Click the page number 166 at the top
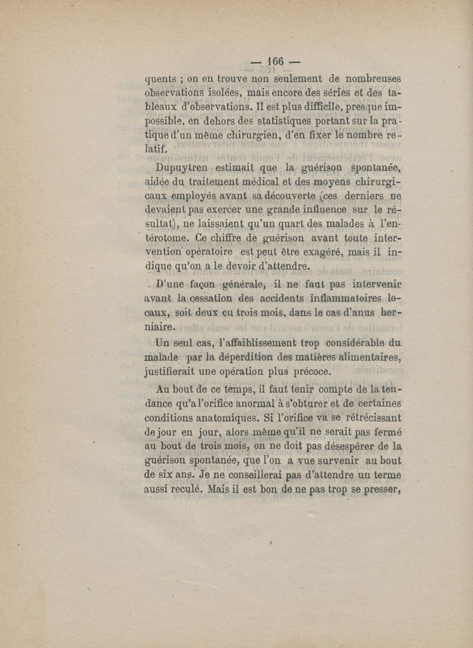[276, 61]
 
